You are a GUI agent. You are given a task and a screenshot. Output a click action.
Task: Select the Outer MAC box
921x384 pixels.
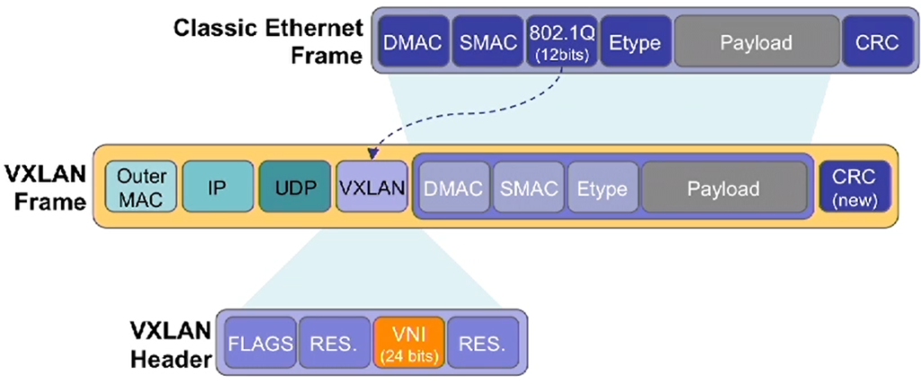pos(140,187)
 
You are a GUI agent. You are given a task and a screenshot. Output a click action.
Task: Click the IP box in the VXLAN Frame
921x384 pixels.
pos(218,187)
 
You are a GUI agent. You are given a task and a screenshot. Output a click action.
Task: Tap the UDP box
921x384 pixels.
pos(294,187)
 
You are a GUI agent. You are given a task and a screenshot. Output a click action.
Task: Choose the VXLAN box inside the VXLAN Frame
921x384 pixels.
pos(371,187)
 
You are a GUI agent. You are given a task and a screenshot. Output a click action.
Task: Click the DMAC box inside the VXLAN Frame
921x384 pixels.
pos(453,187)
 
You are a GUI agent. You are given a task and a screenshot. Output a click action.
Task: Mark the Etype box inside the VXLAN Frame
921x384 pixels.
pos(603,187)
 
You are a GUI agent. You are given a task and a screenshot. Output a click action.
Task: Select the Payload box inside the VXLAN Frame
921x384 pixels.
pos(724,187)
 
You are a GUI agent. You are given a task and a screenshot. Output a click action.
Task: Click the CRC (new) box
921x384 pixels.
pos(854,187)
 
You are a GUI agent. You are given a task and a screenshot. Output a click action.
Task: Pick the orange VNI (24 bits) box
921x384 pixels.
pos(409,344)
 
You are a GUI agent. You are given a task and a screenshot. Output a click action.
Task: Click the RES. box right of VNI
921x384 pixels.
pos(483,344)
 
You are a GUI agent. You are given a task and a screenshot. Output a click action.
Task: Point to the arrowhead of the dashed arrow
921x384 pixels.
pos(371,155)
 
